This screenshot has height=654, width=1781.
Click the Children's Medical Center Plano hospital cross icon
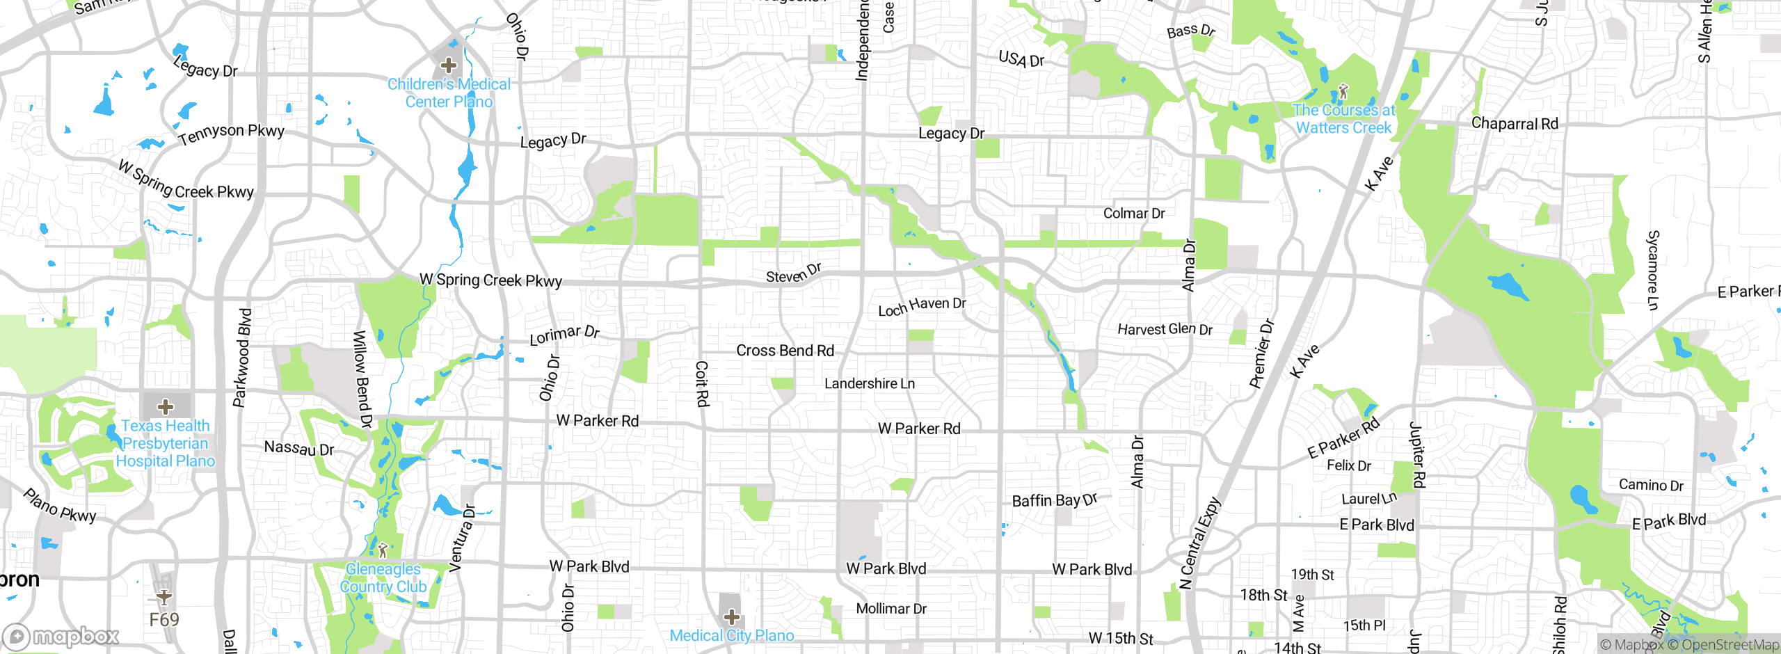[x=449, y=66]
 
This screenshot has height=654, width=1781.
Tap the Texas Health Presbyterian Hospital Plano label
[x=166, y=443]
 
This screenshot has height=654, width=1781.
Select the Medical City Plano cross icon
[x=731, y=616]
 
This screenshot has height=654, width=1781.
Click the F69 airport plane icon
[x=164, y=596]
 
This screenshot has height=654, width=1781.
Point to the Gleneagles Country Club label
[x=383, y=578]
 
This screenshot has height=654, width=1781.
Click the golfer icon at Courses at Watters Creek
[x=1343, y=92]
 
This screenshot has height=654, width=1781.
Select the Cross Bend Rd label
[x=785, y=351]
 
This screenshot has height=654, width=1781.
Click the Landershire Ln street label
[x=870, y=383]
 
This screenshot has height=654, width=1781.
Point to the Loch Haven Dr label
[x=922, y=306]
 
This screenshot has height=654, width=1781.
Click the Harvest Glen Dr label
[x=1165, y=329]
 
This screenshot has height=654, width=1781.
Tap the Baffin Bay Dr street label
[x=1054, y=500]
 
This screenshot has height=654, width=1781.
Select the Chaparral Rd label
[x=1515, y=124]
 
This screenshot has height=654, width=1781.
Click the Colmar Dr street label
[x=1134, y=214]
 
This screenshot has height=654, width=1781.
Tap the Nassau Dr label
[x=299, y=448]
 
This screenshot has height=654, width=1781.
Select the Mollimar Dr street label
[x=891, y=609]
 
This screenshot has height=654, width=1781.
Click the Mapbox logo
[x=61, y=636]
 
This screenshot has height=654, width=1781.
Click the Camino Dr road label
[x=1651, y=485]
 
